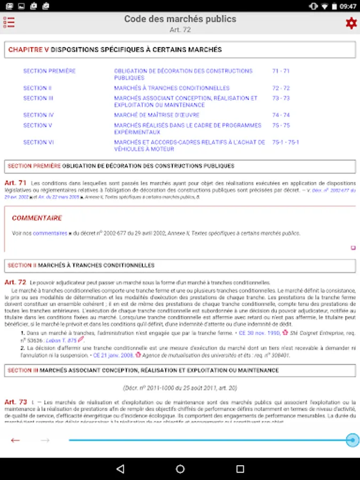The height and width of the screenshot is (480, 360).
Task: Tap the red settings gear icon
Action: [x=350, y=23]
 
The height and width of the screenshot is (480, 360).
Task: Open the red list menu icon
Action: [x=9, y=22]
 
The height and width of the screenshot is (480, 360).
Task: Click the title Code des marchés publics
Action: [x=180, y=19]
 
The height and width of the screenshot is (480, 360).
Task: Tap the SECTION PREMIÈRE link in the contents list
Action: [x=50, y=71]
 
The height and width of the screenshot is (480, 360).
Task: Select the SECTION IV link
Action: [x=38, y=115]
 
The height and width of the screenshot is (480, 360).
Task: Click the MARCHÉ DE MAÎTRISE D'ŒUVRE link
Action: [x=157, y=115]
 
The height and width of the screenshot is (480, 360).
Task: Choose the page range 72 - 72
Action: [x=281, y=88]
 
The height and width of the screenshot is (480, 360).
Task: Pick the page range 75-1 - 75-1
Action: [x=285, y=142]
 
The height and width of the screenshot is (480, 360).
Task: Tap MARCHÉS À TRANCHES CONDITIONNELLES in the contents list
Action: [x=172, y=88]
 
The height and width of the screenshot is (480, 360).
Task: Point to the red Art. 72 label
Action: [x=15, y=282]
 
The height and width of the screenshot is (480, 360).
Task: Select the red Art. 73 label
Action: [x=15, y=402]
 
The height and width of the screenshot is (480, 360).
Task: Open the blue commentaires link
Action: [x=50, y=233]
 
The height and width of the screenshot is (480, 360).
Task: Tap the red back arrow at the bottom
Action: [x=15, y=440]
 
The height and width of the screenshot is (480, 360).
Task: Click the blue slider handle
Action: [x=352, y=440]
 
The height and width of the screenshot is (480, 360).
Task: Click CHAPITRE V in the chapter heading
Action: [x=28, y=50]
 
